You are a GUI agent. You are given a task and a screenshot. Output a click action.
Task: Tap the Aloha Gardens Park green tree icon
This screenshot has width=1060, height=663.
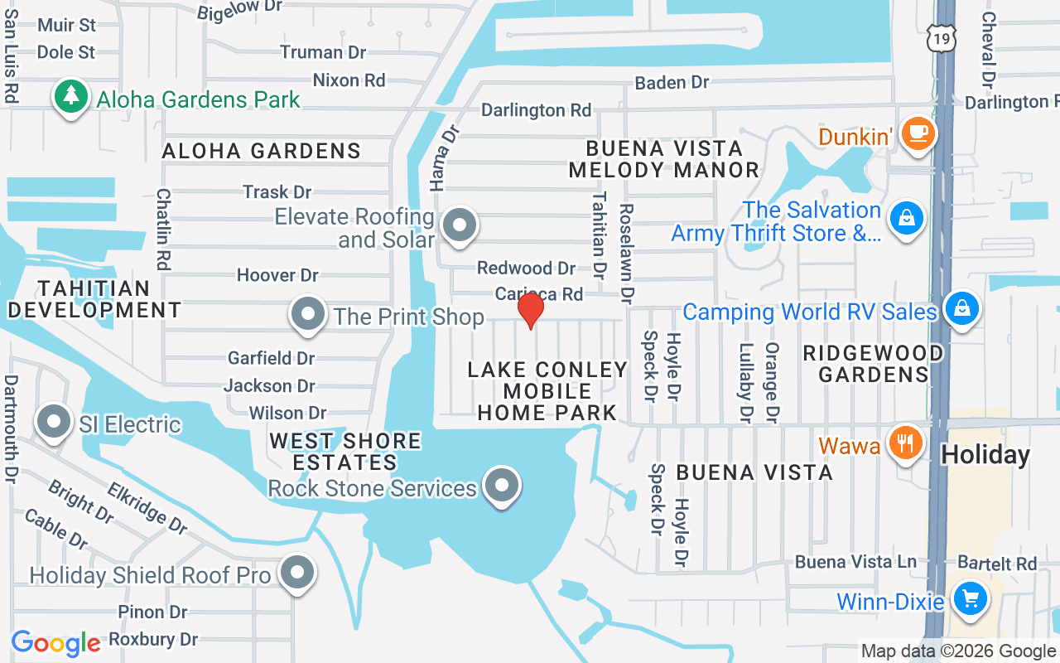72,97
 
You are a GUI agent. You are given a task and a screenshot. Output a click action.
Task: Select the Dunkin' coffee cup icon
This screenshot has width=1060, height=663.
917,133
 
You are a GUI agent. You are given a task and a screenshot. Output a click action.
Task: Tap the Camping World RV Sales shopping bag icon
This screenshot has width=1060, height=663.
961,308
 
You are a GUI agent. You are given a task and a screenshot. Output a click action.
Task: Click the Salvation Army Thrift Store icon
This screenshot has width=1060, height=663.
907,219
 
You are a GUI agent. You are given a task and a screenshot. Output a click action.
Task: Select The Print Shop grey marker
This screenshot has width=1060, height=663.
309,315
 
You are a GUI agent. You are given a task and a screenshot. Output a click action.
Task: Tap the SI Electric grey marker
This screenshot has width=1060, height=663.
55,422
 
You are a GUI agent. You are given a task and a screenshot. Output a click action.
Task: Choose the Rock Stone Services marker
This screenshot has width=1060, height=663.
501,486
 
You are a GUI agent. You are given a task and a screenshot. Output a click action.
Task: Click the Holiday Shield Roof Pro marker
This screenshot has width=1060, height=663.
296,573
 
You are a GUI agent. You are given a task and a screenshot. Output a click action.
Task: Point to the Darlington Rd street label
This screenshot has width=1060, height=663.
536,110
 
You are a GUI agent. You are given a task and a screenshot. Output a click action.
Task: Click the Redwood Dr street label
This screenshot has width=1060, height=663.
526,268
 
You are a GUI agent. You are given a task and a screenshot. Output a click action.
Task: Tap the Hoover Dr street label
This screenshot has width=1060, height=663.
277,274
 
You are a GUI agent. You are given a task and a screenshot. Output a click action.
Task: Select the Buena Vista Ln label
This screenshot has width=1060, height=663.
855,562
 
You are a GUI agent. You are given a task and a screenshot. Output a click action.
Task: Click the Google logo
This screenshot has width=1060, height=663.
55,643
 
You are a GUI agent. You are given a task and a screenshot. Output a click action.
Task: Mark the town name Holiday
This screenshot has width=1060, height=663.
985,454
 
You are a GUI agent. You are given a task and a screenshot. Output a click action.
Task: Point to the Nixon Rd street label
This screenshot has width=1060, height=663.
349,80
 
